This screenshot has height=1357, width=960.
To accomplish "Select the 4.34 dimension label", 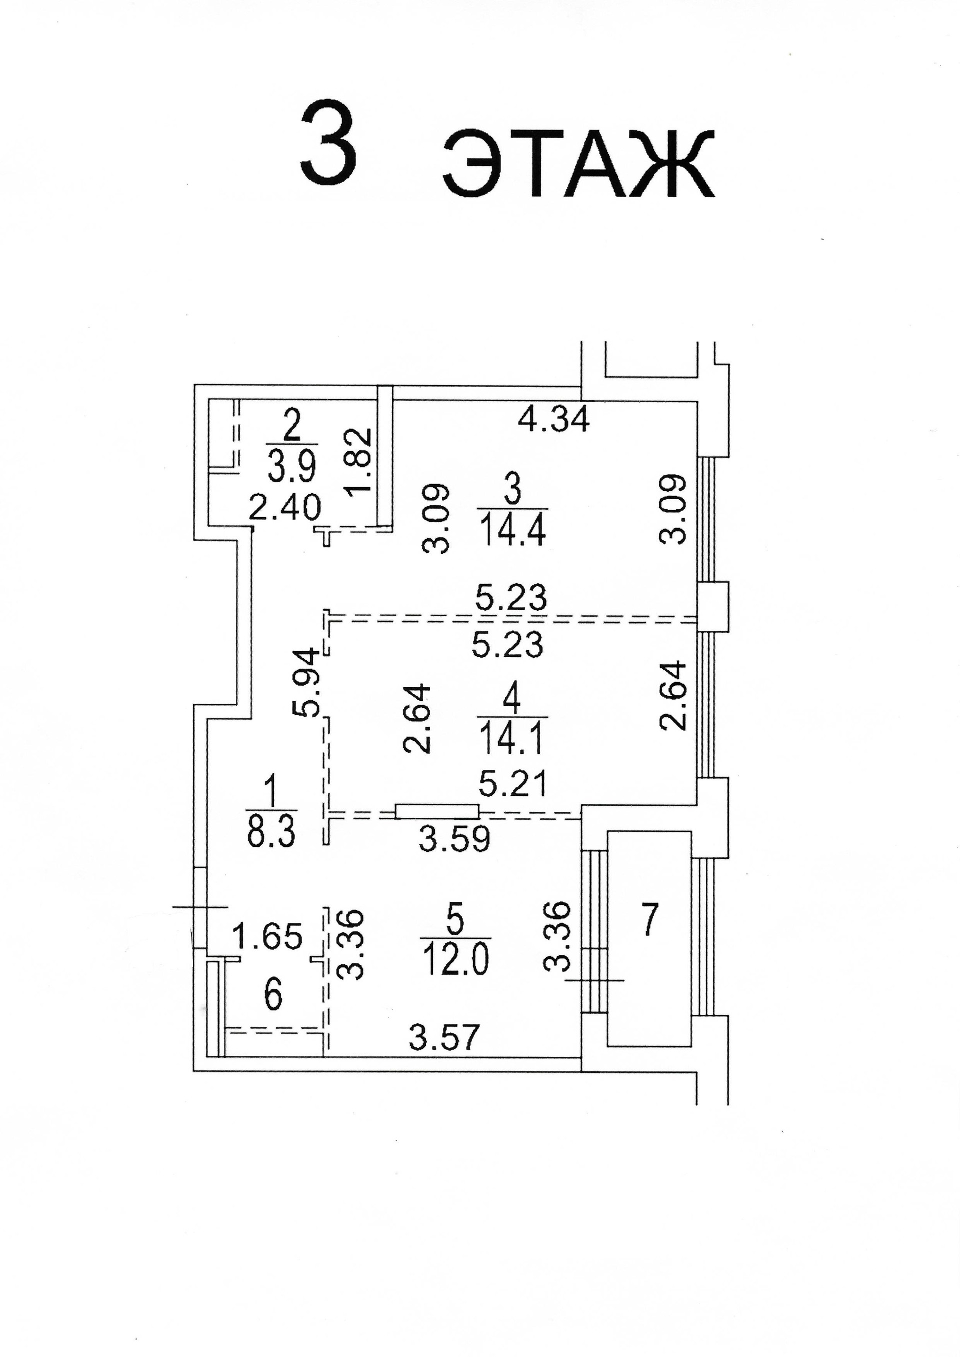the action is (553, 419).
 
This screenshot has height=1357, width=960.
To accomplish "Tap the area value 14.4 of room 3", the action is (512, 530).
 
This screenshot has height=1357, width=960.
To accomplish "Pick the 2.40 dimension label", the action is (284, 507).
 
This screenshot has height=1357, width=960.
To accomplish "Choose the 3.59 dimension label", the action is (454, 838).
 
